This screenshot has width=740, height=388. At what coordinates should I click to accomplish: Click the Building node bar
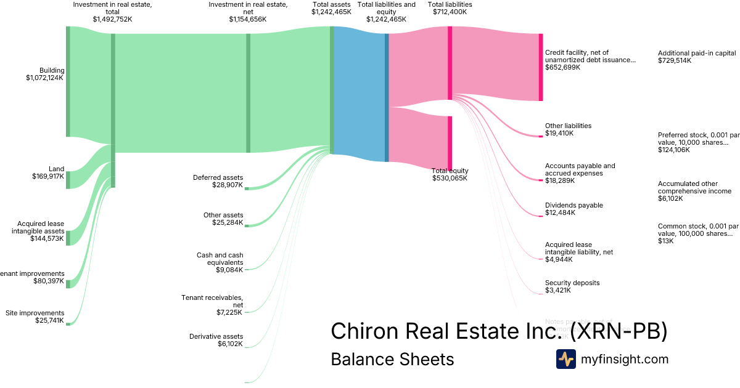pyautogui.click(x=68, y=81)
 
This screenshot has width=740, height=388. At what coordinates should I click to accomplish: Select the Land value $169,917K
pyautogui.click(x=48, y=176)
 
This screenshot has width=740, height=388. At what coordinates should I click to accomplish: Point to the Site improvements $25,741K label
pyautogui.click(x=35, y=317)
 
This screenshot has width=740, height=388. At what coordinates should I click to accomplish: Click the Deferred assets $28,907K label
pyautogui.click(x=218, y=181)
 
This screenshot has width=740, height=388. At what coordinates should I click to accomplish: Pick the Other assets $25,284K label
pyautogui.click(x=223, y=219)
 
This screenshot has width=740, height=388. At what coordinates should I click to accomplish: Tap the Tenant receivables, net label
pyautogui.click(x=212, y=301)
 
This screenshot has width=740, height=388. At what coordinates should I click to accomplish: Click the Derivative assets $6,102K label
pyautogui.click(x=216, y=340)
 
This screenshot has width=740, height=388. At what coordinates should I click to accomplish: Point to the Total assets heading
pyautogui.click(x=331, y=8)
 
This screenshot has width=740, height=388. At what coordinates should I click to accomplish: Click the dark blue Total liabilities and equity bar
pyautogui.click(x=387, y=97)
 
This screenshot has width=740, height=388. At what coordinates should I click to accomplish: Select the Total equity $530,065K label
pyautogui.click(x=450, y=174)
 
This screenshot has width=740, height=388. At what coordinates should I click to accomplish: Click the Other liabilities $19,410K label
pyautogui.click(x=568, y=129)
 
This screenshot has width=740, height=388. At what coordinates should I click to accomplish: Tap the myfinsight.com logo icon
pyautogui.click(x=565, y=359)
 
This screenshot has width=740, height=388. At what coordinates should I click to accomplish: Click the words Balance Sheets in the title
pyautogui.click(x=392, y=359)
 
